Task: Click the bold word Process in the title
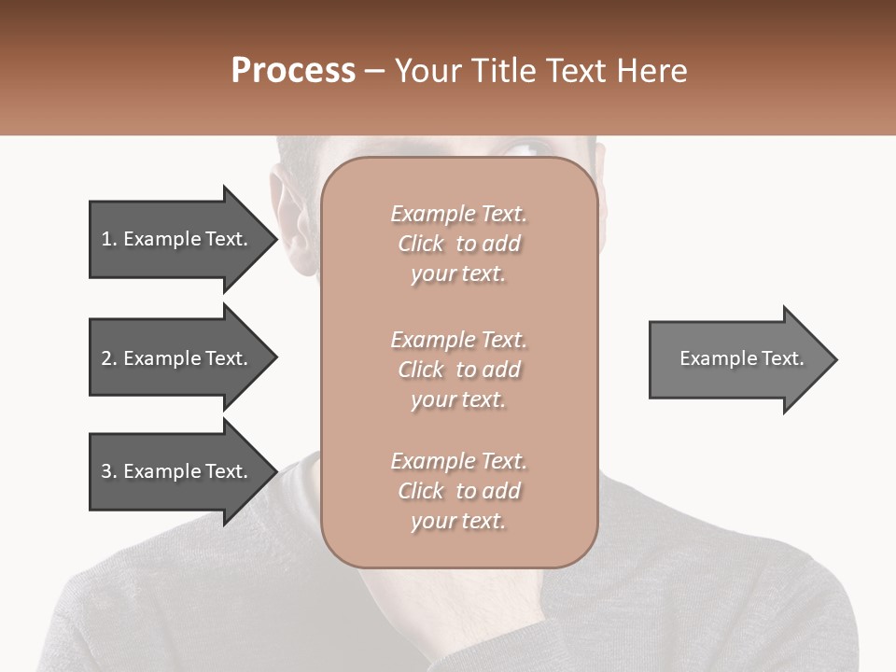(293, 71)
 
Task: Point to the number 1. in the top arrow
(108, 239)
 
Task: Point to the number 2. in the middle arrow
(108, 358)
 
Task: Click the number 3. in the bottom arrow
(108, 471)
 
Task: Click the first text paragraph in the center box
(458, 244)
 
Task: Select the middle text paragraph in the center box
(458, 370)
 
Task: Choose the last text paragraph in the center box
(458, 491)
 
